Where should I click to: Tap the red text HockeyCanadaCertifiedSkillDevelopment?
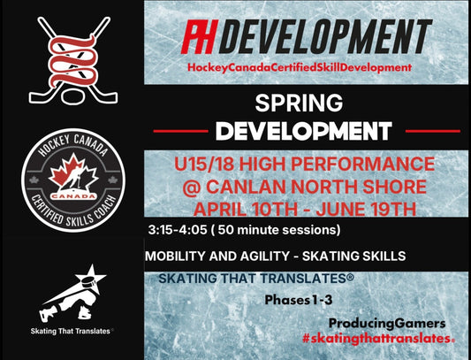[307, 67]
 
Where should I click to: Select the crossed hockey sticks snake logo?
[72, 55]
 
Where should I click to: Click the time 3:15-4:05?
[184, 230]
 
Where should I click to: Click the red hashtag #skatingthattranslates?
[378, 340]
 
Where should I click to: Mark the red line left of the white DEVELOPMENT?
[182, 131]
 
